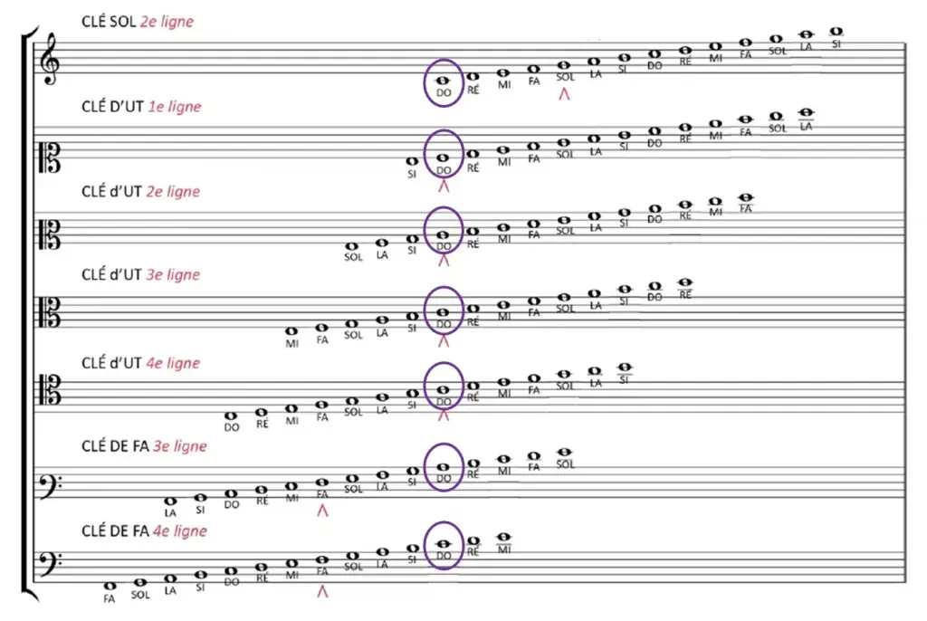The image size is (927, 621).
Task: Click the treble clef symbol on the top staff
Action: (x=51, y=59)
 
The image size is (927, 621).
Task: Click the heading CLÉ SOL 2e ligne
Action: (x=138, y=22)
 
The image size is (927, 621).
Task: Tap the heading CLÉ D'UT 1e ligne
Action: (x=141, y=107)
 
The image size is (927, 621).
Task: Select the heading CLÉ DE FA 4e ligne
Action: (x=144, y=531)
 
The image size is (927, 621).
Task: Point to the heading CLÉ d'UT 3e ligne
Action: (x=140, y=274)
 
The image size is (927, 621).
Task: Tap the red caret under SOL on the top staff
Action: (x=565, y=93)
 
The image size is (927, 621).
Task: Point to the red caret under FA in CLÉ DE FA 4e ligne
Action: (x=322, y=591)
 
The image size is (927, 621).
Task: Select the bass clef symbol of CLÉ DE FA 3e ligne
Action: (x=51, y=486)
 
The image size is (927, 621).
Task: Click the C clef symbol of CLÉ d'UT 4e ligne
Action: (x=50, y=389)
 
